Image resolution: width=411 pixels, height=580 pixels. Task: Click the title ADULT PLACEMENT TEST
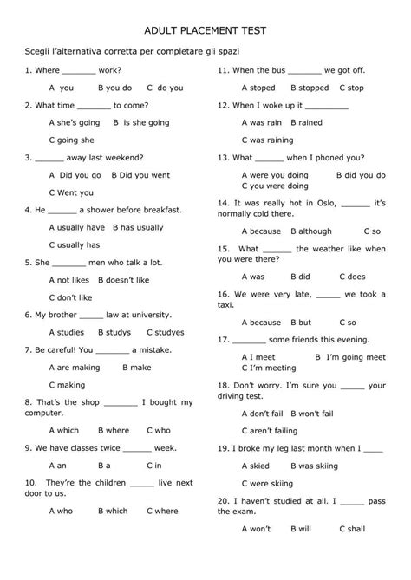(x=205, y=29)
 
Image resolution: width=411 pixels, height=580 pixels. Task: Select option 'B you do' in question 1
(x=114, y=88)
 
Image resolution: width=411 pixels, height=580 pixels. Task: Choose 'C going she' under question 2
(x=72, y=140)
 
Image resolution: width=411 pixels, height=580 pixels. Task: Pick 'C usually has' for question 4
(x=75, y=244)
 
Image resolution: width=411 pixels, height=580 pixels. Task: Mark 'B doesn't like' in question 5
(x=123, y=280)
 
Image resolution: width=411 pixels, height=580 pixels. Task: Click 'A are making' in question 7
(x=75, y=367)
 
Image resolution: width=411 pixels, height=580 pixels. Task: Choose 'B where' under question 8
(x=114, y=429)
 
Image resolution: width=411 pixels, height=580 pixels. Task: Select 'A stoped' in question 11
(x=258, y=88)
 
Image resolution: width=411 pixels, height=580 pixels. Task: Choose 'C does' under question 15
(x=351, y=277)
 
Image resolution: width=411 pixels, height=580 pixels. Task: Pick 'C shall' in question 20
(x=352, y=528)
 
